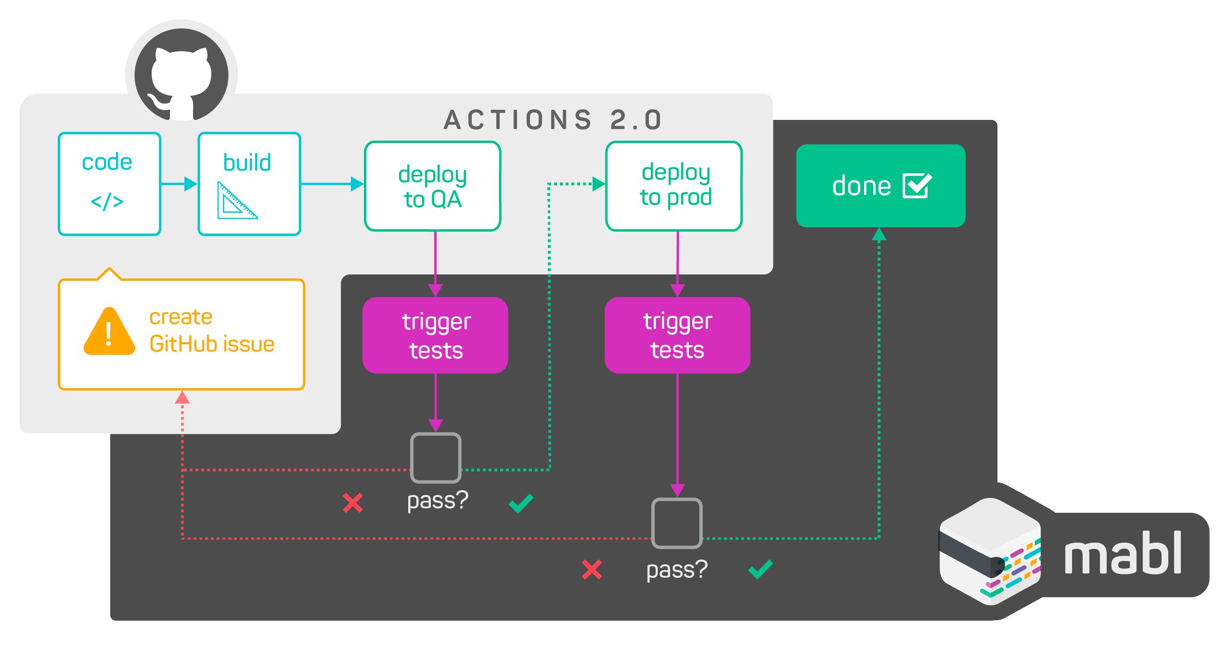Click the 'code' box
click(109, 183)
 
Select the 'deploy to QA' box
click(432, 186)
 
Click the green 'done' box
click(880, 186)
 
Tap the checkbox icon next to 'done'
click(917, 186)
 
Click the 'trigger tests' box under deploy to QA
click(435, 335)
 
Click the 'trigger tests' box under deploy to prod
click(677, 335)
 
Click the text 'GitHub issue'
click(212, 344)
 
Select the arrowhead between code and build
click(191, 183)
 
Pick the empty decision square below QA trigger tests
click(436, 458)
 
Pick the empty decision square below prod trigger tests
click(677, 523)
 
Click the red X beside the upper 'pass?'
click(352, 503)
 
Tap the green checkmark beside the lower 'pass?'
click(761, 569)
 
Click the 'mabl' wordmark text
click(1123, 554)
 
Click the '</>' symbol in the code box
click(107, 201)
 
